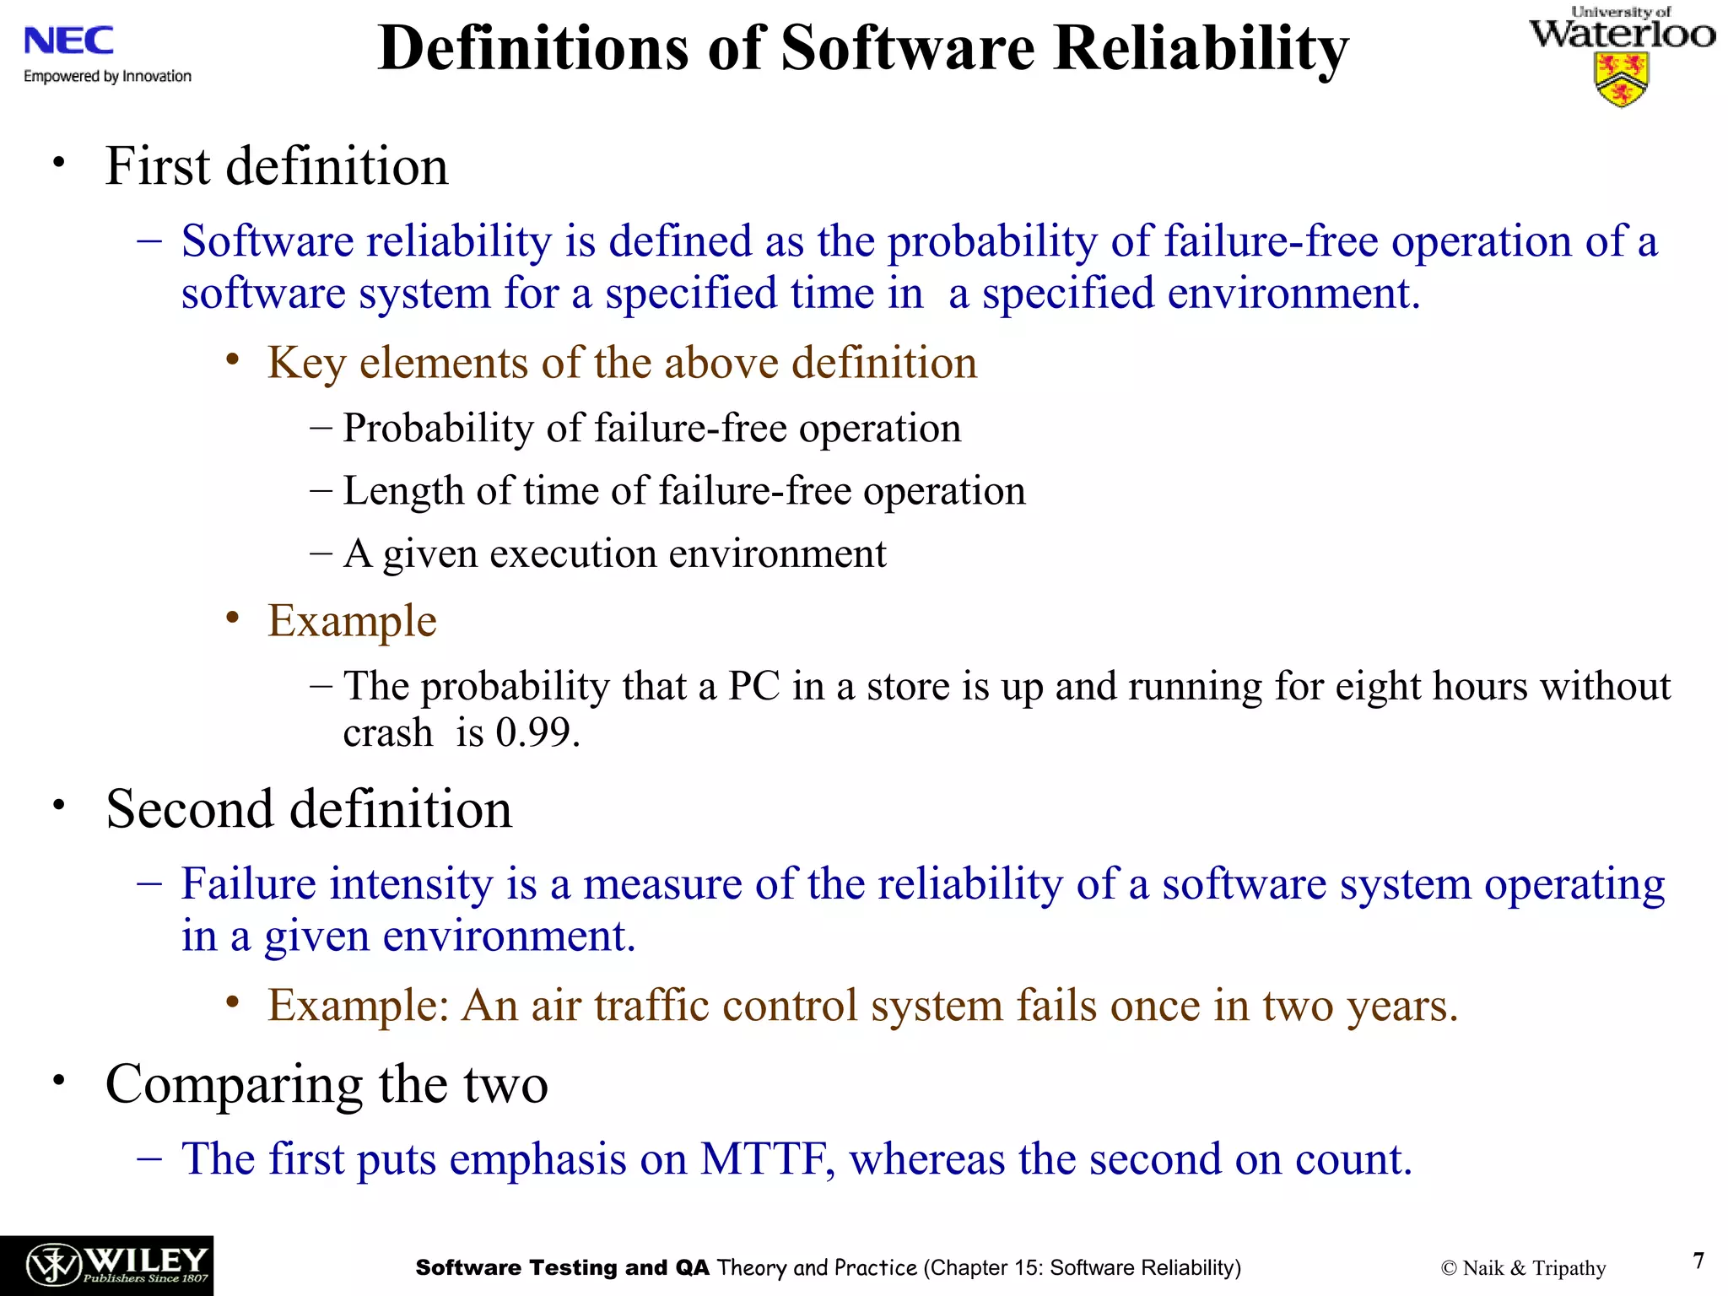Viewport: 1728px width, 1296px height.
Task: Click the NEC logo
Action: (x=68, y=40)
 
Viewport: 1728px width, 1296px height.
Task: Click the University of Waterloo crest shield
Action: (x=1621, y=79)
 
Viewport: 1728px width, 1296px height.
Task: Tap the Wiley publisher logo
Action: (x=106, y=1265)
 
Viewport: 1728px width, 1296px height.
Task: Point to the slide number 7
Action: (x=1698, y=1261)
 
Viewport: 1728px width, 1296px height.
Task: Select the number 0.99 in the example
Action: (x=537, y=732)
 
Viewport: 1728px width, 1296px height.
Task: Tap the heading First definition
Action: (x=277, y=165)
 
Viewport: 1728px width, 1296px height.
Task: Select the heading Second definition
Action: (x=309, y=809)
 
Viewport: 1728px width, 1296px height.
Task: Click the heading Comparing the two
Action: (x=327, y=1083)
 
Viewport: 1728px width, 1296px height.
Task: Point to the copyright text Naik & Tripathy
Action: (x=1524, y=1268)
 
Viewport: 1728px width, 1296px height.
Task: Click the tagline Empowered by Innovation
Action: (x=108, y=77)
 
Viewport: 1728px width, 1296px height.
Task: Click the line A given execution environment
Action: (x=614, y=554)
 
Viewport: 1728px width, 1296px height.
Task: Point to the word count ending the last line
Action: (x=1352, y=1159)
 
